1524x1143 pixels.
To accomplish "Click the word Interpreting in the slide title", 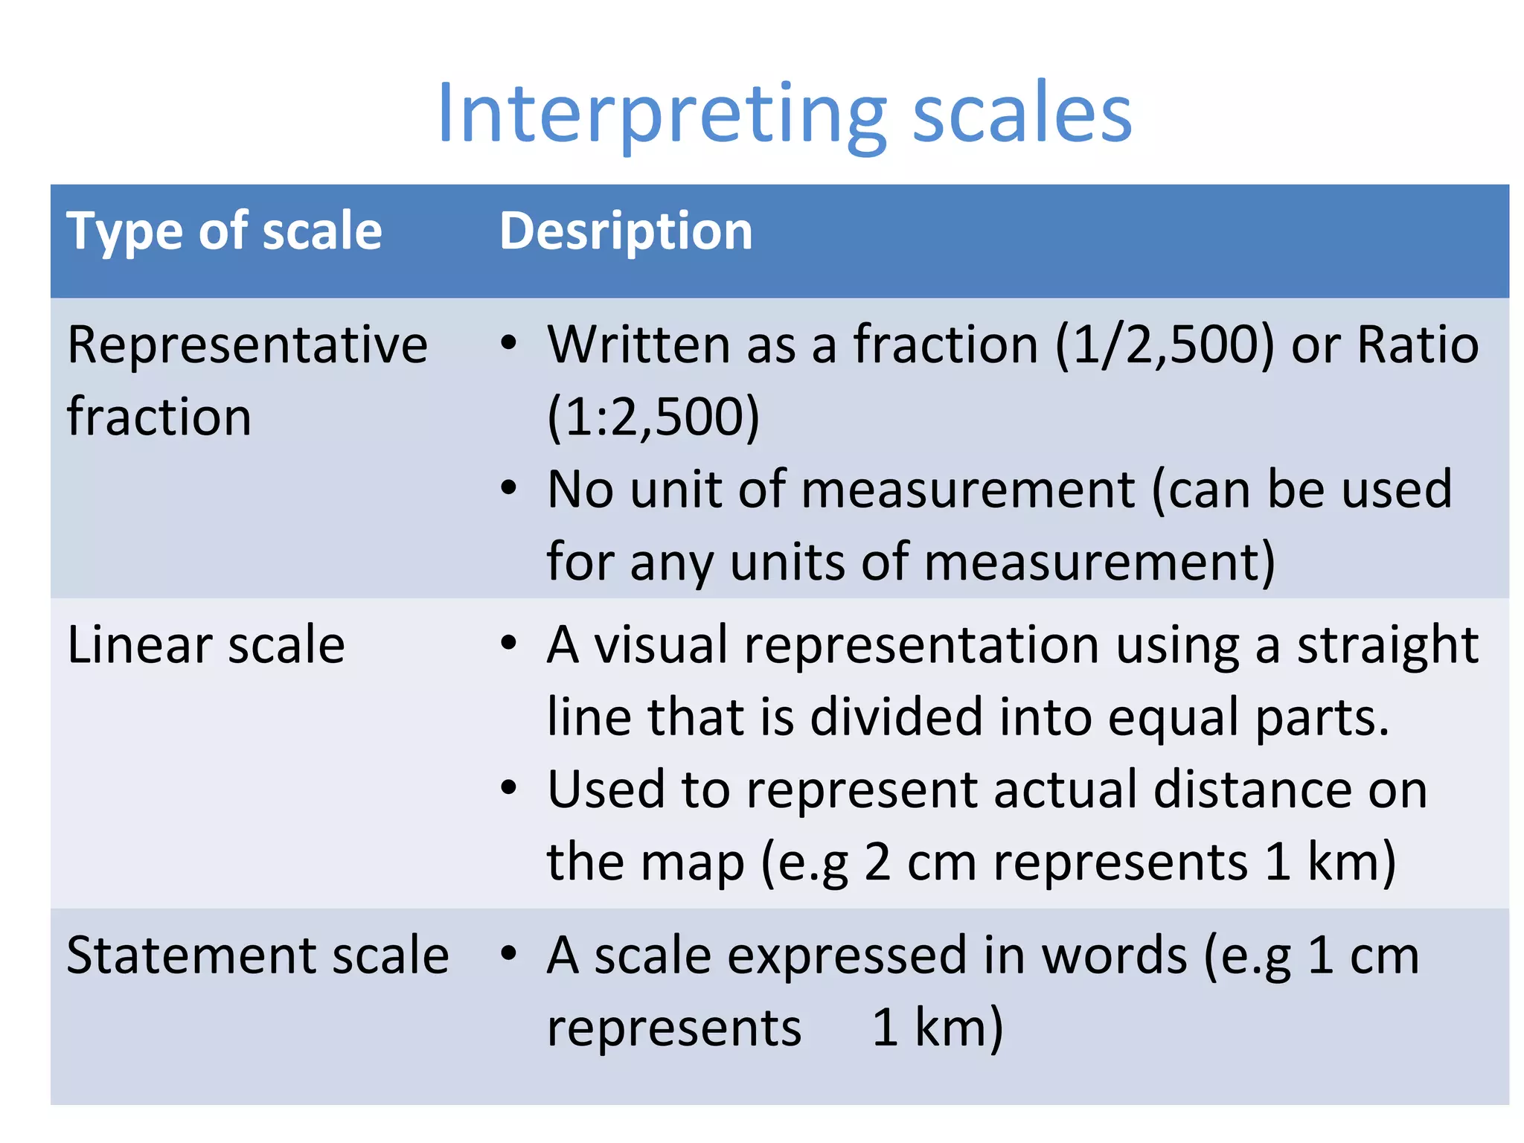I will [x=662, y=115].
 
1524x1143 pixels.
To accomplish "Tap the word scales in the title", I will [x=1022, y=115].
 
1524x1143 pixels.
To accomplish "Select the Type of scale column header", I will [x=224, y=231].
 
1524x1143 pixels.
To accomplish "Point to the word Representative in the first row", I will [x=247, y=345].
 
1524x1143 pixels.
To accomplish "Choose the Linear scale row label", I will [x=206, y=644].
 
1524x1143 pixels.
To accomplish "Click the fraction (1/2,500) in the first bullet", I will [x=1165, y=346].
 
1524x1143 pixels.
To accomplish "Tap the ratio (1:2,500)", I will [x=653, y=417].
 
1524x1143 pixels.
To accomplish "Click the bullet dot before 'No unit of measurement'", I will [x=508, y=489].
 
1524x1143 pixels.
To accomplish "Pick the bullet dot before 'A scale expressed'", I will [x=508, y=953].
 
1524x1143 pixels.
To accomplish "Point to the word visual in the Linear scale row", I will [x=661, y=644].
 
